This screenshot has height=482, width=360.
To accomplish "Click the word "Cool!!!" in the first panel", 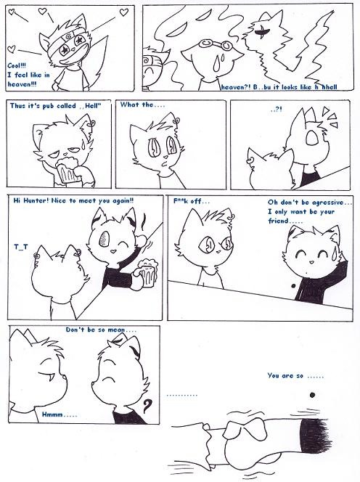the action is [x=17, y=66].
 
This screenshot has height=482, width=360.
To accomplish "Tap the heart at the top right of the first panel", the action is [x=123, y=12].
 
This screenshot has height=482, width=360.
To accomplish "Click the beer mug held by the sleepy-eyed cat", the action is [x=67, y=171].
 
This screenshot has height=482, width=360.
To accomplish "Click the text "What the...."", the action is [x=142, y=105].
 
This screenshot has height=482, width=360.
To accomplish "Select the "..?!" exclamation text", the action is [x=277, y=109].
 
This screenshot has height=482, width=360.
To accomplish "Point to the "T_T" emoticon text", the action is [x=21, y=246].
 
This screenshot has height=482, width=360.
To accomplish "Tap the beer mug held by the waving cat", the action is [x=147, y=273].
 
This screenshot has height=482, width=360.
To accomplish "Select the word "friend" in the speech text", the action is [x=278, y=221].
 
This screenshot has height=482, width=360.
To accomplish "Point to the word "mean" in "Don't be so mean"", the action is [x=117, y=330].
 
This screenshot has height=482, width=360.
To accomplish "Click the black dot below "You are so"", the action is [x=312, y=395].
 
